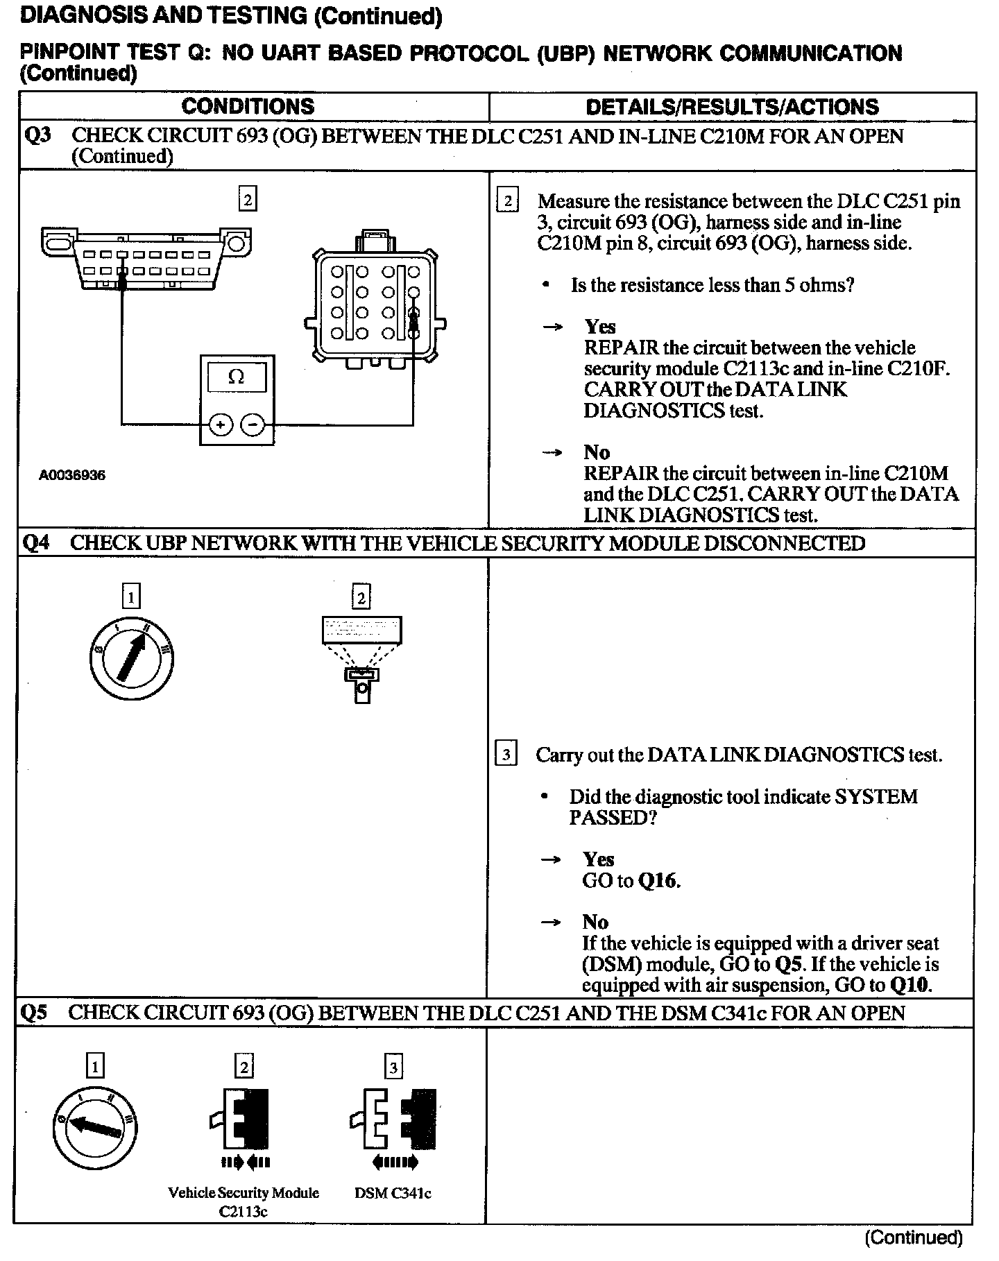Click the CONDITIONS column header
click(248, 106)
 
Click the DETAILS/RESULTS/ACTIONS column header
click(732, 106)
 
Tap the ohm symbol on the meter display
click(236, 377)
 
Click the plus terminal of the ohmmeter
click(221, 424)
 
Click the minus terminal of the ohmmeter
click(253, 424)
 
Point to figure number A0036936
click(72, 475)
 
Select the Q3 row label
click(37, 135)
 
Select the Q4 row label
click(36, 542)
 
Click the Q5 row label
click(35, 1013)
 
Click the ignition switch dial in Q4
click(131, 657)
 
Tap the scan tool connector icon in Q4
click(361, 659)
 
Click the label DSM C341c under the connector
click(393, 1193)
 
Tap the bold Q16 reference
click(658, 881)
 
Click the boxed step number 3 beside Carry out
click(506, 754)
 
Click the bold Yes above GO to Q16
click(599, 859)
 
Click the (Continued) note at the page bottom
click(913, 1237)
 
